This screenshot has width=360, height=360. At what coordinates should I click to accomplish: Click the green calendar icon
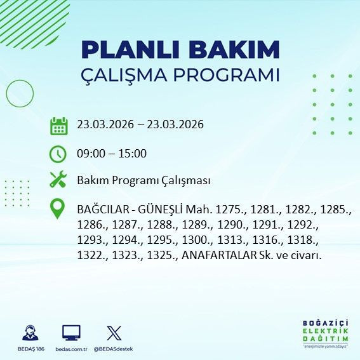click(x=58, y=126)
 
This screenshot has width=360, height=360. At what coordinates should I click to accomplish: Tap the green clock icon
click(x=58, y=154)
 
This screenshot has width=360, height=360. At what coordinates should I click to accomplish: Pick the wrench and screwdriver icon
click(x=58, y=180)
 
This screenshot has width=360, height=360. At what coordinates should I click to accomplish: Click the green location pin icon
click(x=58, y=209)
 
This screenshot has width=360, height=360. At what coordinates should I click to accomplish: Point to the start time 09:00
click(x=90, y=154)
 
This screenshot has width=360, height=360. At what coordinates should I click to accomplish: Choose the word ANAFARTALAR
click(x=219, y=256)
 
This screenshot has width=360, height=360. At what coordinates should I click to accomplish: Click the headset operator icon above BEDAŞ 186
click(x=29, y=333)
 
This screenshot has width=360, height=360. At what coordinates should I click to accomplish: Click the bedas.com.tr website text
click(x=71, y=349)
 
